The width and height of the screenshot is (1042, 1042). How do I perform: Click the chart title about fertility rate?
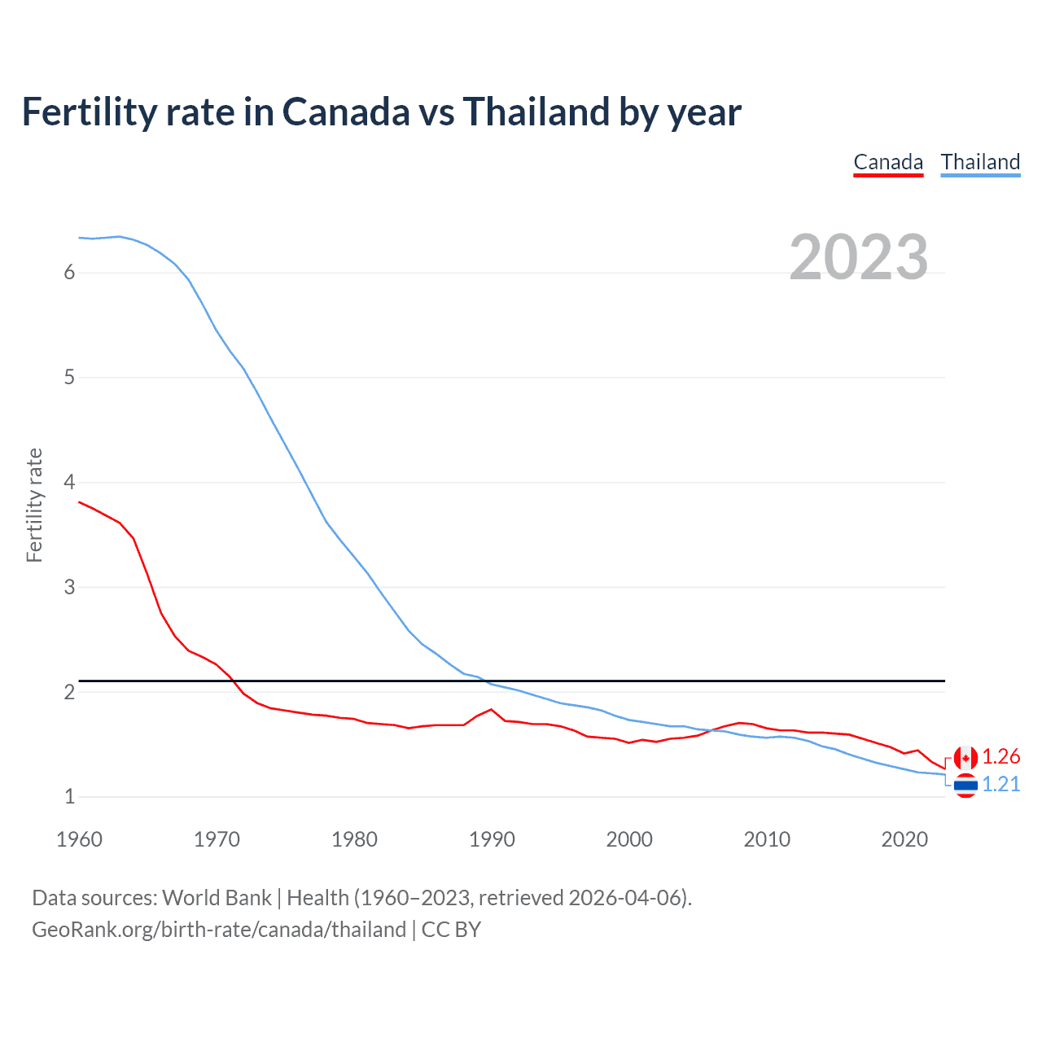click(381, 112)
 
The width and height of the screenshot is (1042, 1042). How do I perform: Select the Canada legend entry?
click(888, 162)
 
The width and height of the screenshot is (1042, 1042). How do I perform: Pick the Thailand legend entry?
click(980, 162)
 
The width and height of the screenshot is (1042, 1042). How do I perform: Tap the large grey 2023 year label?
click(858, 257)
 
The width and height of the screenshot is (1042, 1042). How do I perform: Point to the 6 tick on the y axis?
click(69, 273)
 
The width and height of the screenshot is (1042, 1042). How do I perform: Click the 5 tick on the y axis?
click(69, 378)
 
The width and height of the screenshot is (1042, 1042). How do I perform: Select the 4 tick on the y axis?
click(69, 482)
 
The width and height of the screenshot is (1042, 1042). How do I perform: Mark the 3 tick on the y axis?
click(69, 587)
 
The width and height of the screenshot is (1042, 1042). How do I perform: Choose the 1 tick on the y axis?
click(69, 797)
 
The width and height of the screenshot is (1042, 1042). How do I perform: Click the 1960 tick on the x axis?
click(79, 839)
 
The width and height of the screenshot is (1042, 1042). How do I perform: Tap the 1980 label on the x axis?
click(354, 839)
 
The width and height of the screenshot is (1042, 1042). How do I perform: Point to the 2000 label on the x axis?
click(629, 839)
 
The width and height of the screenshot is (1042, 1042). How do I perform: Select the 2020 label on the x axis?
click(904, 839)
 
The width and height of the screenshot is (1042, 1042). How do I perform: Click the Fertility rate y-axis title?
click(34, 505)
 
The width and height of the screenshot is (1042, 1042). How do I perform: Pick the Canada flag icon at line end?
click(965, 758)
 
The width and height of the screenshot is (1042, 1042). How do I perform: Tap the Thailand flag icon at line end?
click(965, 785)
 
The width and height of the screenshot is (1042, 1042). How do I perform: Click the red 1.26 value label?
click(1000, 757)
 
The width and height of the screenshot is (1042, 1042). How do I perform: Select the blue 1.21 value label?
click(1000, 784)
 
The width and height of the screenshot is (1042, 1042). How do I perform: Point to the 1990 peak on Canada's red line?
click(491, 709)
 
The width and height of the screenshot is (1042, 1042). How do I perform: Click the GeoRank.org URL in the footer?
click(219, 930)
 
